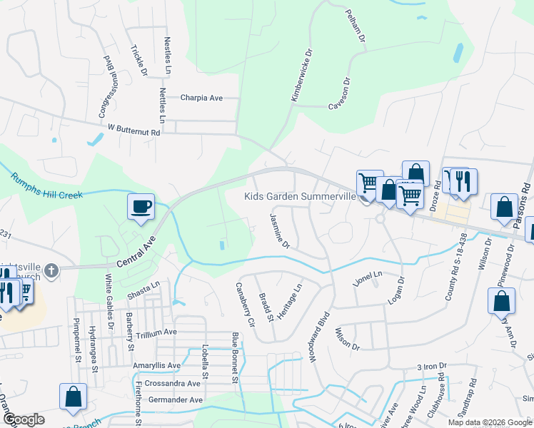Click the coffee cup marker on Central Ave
tap(140, 206)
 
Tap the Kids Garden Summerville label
tap(300, 196)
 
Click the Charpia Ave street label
tap(202, 98)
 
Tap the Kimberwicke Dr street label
tap(301, 74)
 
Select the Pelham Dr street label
tap(356, 26)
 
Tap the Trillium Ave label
tap(156, 332)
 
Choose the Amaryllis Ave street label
tap(157, 365)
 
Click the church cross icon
tap(50, 270)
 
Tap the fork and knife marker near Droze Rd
tap(463, 181)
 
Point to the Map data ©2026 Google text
tap(489, 422)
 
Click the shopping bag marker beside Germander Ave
tap(73, 398)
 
